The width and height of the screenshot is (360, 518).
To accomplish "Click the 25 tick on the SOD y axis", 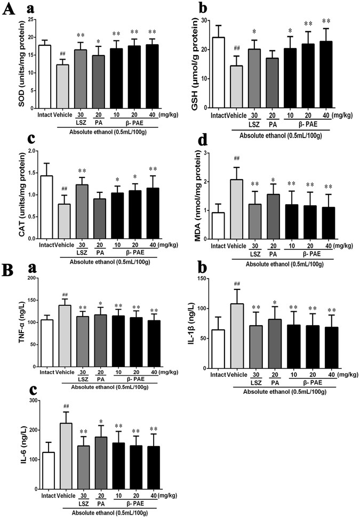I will pos(30,20).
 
